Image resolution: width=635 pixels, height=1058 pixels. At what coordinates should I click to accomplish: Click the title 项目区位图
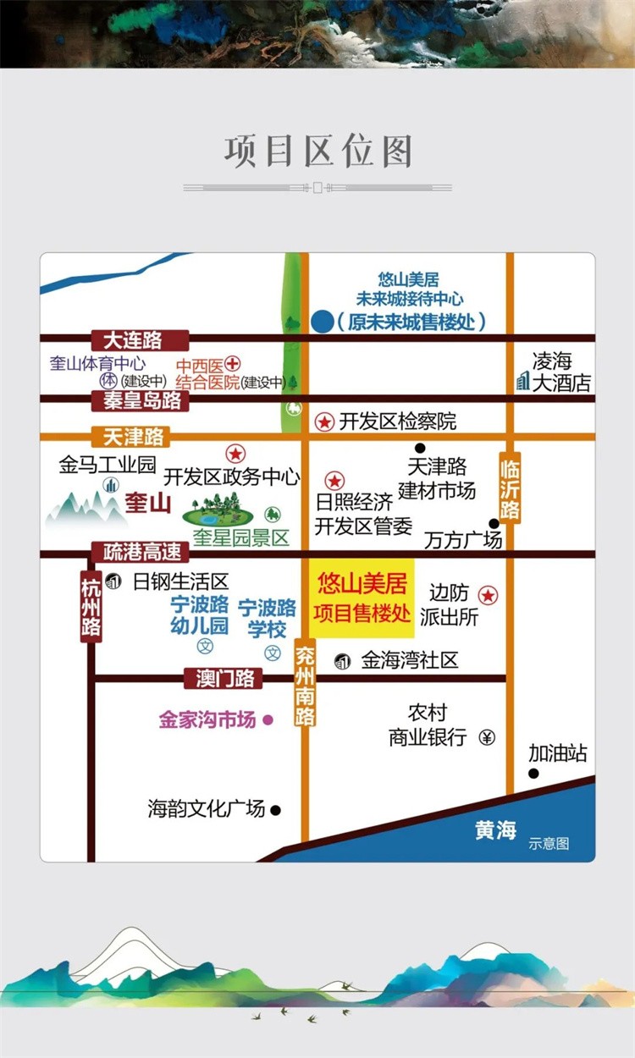point(317,152)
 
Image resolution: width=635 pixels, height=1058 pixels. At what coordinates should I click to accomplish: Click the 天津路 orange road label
point(134,437)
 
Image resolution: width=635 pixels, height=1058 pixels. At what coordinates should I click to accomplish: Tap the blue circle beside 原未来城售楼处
point(322,322)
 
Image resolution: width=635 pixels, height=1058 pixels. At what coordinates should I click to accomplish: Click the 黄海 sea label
point(495,830)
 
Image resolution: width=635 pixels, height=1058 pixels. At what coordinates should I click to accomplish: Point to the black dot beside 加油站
point(533,774)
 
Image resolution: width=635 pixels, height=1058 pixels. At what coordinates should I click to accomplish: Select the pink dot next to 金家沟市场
point(268,720)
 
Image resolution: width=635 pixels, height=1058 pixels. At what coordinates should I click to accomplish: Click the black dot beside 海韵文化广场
point(275,810)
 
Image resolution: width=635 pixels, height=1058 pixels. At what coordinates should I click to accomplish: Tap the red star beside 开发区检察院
point(324,422)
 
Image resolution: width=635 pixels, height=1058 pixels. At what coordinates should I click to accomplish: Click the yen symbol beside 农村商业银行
point(487,737)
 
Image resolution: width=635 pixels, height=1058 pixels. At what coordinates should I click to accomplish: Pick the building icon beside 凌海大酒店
point(522,382)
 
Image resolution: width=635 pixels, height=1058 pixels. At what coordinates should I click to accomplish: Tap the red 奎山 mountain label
point(147,504)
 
